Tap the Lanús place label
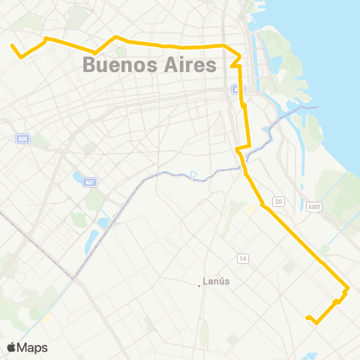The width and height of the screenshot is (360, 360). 217,283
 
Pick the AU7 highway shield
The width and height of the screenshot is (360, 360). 90,182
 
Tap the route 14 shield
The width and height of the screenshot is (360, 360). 243,259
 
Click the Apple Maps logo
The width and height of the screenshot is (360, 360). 27,347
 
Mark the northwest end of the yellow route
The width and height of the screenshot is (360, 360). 12,46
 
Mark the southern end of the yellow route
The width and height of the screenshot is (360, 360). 308,318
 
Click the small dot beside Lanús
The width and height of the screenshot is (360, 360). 200,283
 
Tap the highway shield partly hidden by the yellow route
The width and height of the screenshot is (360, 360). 236,89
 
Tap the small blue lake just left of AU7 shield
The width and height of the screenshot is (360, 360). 78,178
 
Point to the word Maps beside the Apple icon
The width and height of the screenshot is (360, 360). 33,347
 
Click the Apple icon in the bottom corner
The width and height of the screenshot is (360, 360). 12,347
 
